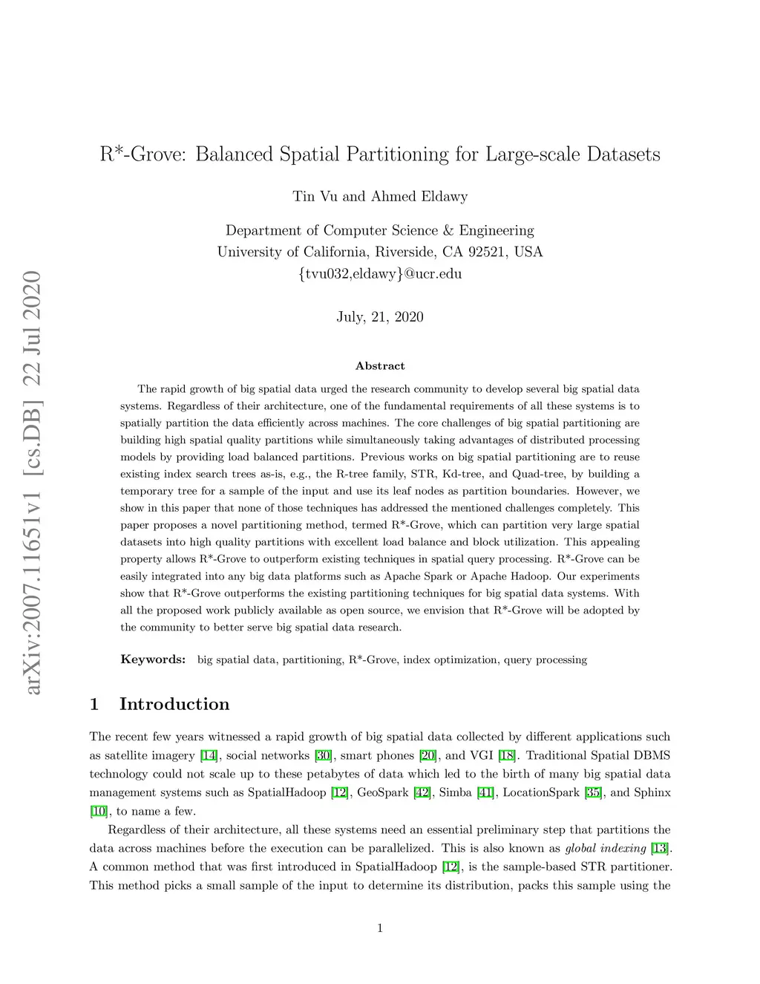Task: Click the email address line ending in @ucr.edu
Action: click(x=380, y=273)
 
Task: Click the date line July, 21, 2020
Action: click(x=380, y=317)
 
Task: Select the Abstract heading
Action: click(x=380, y=366)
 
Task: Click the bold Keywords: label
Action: click(x=153, y=659)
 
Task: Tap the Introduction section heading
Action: click(x=174, y=704)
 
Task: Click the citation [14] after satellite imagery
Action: click(x=209, y=756)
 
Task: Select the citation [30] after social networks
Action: click(x=323, y=756)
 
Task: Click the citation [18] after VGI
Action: click(x=508, y=756)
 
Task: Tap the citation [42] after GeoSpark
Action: click(x=422, y=792)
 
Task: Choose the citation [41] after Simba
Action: click(x=486, y=792)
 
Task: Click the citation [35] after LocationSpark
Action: click(x=593, y=792)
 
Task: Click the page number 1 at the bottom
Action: click(x=380, y=928)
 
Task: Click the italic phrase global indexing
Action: click(x=606, y=848)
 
